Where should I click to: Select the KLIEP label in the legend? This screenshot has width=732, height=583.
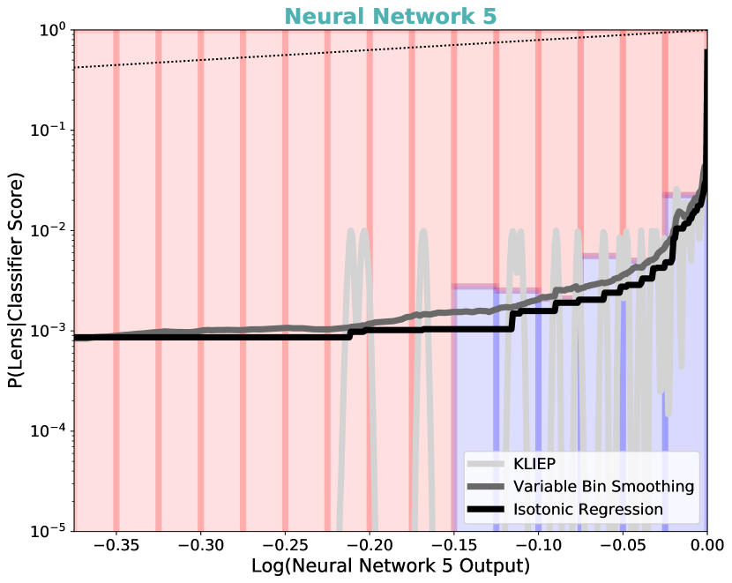[x=534, y=464]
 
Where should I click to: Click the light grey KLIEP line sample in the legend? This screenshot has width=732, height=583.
[x=485, y=464]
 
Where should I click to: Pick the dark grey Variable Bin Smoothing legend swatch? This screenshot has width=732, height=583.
[x=485, y=487]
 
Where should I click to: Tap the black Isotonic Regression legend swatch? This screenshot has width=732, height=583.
[x=485, y=509]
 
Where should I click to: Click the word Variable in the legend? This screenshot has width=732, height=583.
[x=539, y=487]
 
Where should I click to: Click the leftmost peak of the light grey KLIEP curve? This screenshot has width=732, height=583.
[x=351, y=232]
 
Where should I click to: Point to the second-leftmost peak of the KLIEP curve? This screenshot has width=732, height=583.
[x=421, y=232]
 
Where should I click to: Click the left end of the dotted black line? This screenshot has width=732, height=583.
[x=76, y=68]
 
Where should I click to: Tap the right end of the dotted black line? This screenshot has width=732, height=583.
[x=706, y=32]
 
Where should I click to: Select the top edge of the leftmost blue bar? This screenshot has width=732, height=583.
[x=474, y=286]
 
